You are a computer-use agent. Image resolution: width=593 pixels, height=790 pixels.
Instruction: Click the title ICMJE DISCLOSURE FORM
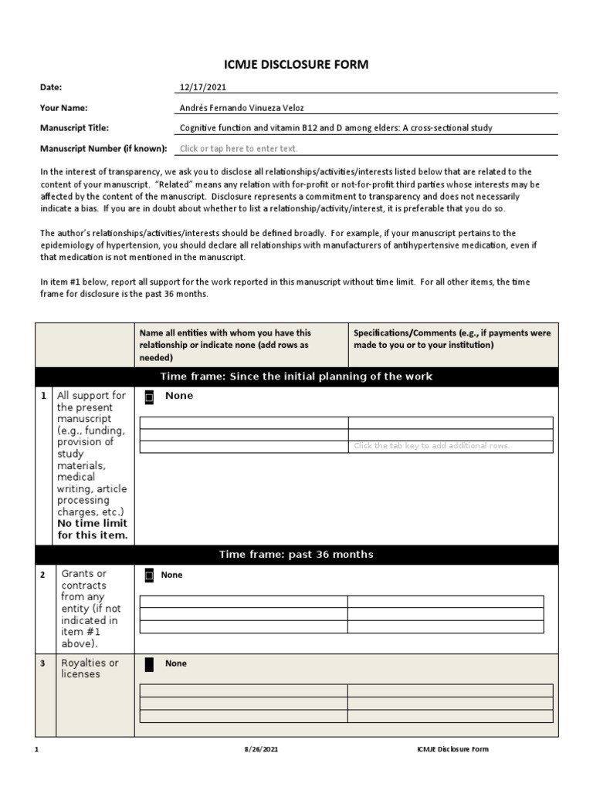click(296, 65)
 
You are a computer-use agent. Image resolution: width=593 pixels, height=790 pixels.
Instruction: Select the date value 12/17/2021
click(203, 88)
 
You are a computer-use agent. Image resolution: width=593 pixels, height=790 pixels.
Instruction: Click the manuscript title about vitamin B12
click(336, 128)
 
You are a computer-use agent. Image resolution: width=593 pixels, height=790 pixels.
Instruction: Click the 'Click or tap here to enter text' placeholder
click(238, 149)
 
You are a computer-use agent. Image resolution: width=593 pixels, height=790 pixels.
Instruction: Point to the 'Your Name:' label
click(64, 108)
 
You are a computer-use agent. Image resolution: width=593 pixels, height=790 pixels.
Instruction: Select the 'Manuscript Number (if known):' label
click(103, 148)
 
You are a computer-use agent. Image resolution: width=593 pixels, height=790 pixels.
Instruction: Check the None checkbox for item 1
click(149, 397)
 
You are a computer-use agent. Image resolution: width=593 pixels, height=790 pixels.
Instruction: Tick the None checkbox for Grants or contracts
click(149, 575)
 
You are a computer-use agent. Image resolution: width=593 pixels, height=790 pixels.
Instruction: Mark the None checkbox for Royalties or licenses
click(149, 663)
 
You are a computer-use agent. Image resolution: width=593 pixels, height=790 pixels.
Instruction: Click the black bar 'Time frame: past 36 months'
click(296, 555)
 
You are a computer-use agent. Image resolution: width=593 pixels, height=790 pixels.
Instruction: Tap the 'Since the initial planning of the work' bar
click(296, 376)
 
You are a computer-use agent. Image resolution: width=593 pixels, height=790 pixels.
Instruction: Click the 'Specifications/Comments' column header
click(452, 339)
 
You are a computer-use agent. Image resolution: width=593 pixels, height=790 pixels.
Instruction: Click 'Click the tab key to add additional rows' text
click(432, 446)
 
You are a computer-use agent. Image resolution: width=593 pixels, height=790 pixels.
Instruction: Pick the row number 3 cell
click(44, 663)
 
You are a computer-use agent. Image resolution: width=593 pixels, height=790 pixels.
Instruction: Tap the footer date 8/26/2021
click(261, 749)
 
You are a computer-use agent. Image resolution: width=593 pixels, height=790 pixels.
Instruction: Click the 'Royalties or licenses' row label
click(90, 668)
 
